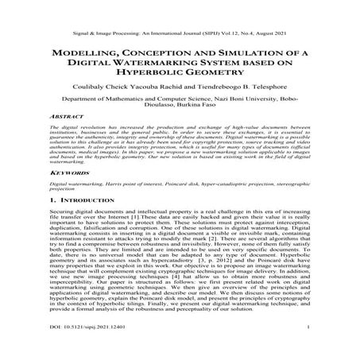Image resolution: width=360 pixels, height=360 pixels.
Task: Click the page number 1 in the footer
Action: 307,346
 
